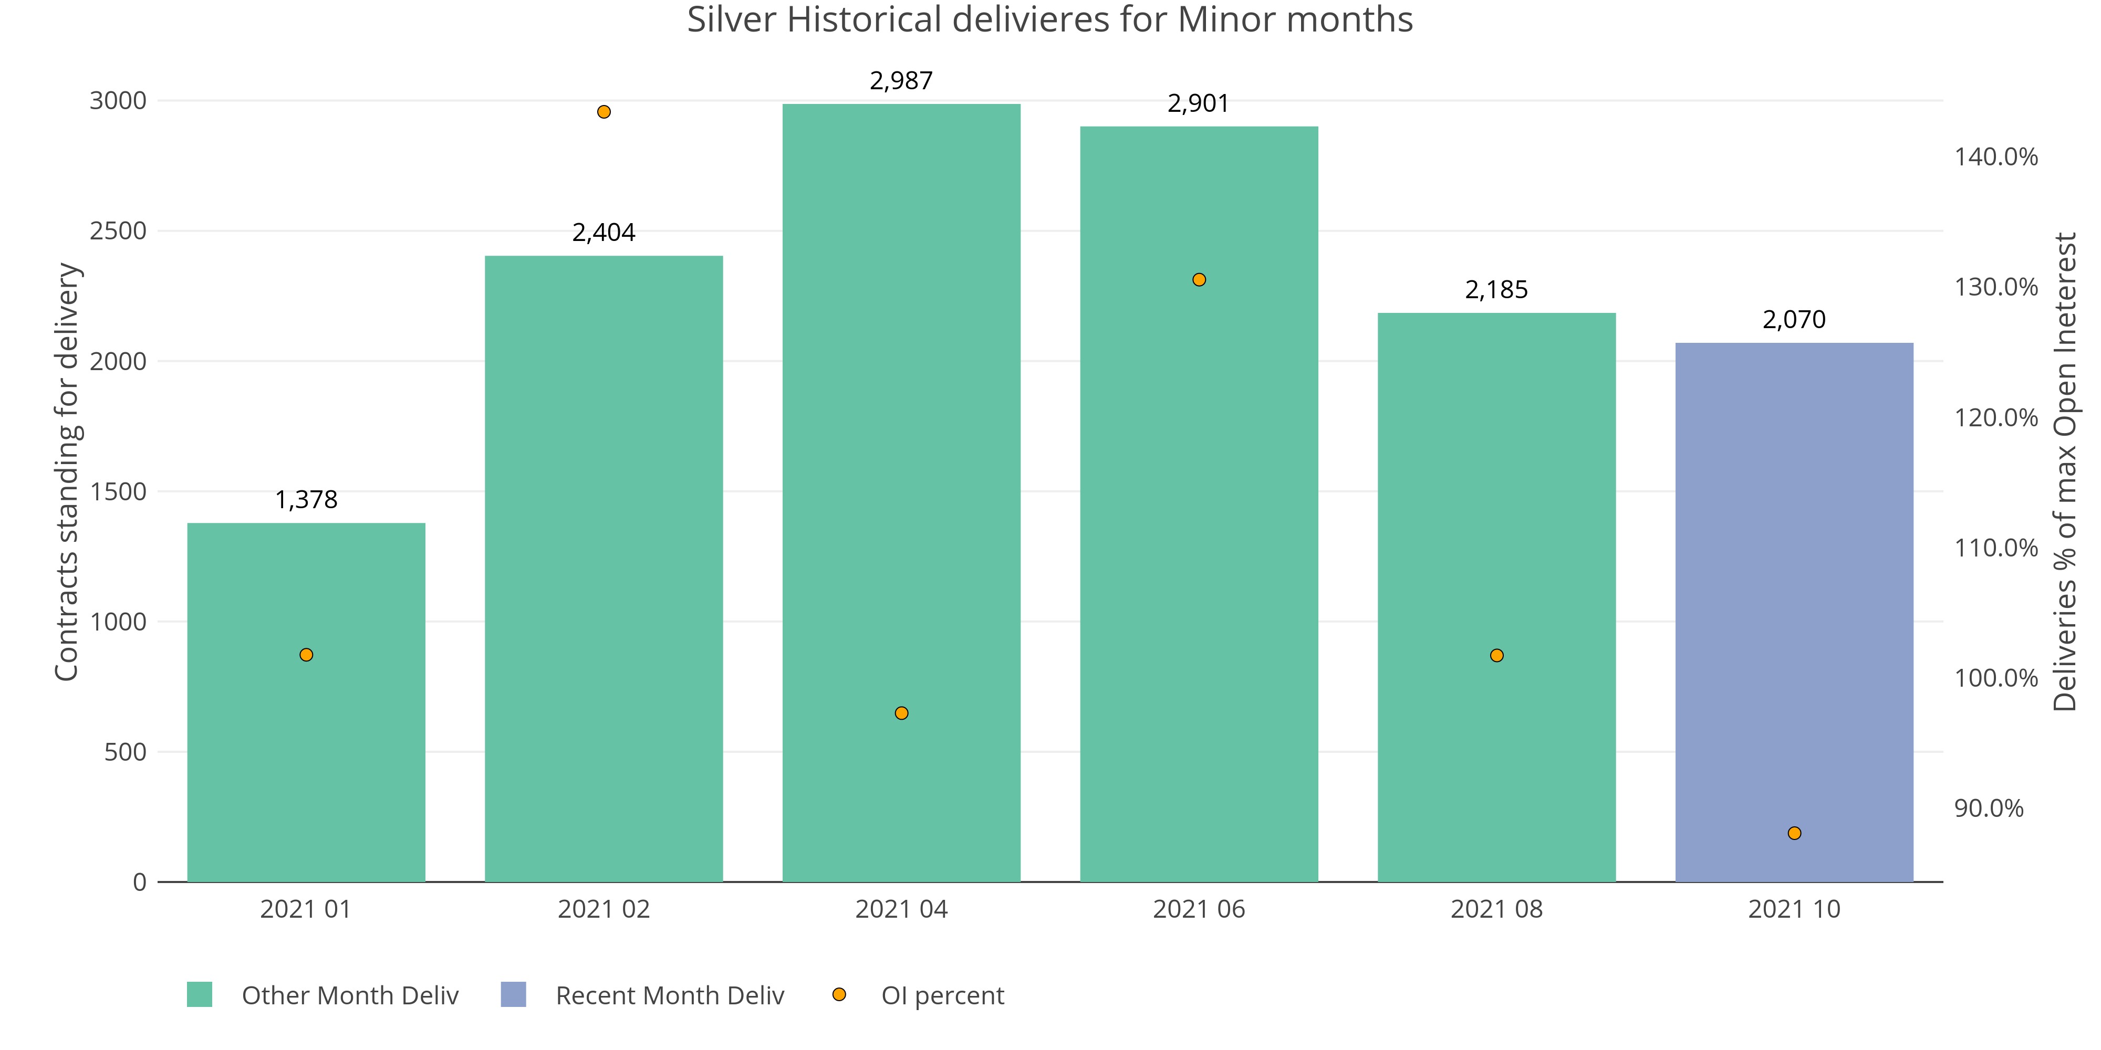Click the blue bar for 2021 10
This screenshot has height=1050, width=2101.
(x=1794, y=612)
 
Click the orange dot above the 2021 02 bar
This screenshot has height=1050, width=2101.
(x=604, y=112)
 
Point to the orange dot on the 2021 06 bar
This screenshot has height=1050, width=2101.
(x=1199, y=280)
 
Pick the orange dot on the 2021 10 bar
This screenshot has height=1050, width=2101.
(x=1794, y=833)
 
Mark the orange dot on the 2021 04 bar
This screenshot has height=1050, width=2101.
(x=901, y=713)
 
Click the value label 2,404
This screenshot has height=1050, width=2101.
(x=604, y=233)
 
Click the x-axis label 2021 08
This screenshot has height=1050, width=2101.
(x=1496, y=909)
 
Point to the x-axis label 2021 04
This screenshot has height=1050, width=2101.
(x=901, y=909)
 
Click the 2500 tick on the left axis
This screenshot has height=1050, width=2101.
(x=118, y=230)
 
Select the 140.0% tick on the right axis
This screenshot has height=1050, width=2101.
(x=1995, y=156)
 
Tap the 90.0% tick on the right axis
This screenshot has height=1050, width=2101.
(x=1989, y=808)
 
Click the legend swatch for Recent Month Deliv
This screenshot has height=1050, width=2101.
(x=513, y=994)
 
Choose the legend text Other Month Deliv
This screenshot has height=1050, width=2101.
(x=350, y=995)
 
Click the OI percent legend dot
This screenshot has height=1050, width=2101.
(x=838, y=994)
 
